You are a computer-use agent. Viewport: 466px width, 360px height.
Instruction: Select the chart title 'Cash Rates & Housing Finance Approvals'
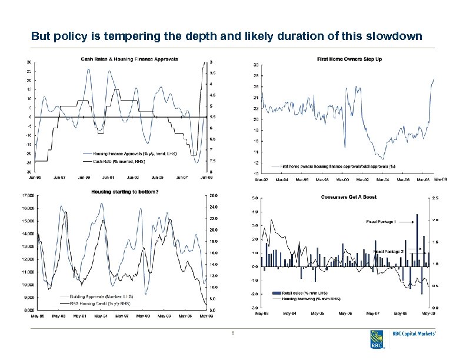tap(129, 58)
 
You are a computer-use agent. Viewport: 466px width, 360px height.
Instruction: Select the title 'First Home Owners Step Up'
tap(349, 59)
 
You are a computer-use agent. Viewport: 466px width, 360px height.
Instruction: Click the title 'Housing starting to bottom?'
tap(125, 191)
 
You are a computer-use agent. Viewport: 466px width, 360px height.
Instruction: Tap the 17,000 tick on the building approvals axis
tap(28, 195)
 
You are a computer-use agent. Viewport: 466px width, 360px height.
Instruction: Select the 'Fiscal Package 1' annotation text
tap(381, 222)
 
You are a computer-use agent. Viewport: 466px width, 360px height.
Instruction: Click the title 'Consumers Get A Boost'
tap(348, 197)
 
